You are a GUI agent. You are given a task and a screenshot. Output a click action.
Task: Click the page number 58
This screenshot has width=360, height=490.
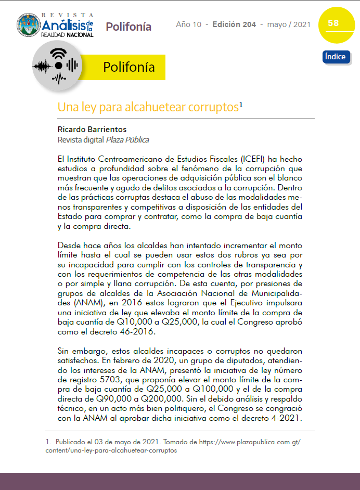coord(333,23)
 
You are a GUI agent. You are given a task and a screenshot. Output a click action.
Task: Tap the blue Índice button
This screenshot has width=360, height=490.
coord(336,57)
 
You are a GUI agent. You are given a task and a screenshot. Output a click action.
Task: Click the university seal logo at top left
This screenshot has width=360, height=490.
coord(28,24)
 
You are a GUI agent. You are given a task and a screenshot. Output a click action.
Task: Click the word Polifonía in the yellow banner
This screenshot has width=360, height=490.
coord(128,68)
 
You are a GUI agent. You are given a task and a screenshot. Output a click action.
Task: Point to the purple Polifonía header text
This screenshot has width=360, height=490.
coord(128,27)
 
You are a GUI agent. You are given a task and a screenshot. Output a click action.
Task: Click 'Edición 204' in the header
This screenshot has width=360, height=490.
coord(234,24)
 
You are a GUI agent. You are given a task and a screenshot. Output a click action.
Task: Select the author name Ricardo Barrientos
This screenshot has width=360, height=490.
coord(92,129)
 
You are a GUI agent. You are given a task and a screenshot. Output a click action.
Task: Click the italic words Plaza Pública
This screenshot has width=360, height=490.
coord(127,139)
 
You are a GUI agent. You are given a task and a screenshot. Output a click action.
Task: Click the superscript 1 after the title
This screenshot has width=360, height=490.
coord(241,105)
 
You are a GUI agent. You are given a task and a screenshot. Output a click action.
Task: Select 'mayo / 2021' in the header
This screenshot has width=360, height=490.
coord(289,24)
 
